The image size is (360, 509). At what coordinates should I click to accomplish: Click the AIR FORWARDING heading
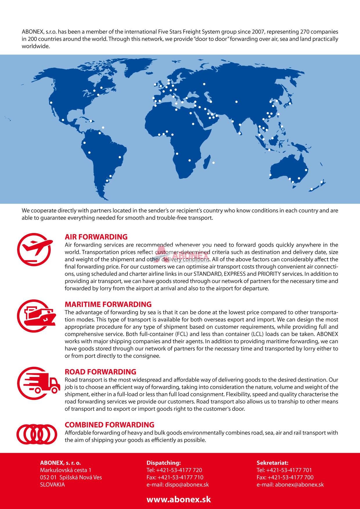(96, 237)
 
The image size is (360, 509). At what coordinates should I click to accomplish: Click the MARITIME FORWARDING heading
(108, 304)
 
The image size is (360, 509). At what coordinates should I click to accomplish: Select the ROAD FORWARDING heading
(100, 372)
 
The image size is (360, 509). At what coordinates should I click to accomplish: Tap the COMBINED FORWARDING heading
(109, 425)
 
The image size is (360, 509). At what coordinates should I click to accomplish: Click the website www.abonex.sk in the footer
(179, 499)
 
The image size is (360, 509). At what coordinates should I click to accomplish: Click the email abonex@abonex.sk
(299, 485)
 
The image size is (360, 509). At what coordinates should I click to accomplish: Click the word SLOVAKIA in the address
(53, 485)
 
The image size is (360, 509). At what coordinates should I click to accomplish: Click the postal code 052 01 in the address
(48, 477)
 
